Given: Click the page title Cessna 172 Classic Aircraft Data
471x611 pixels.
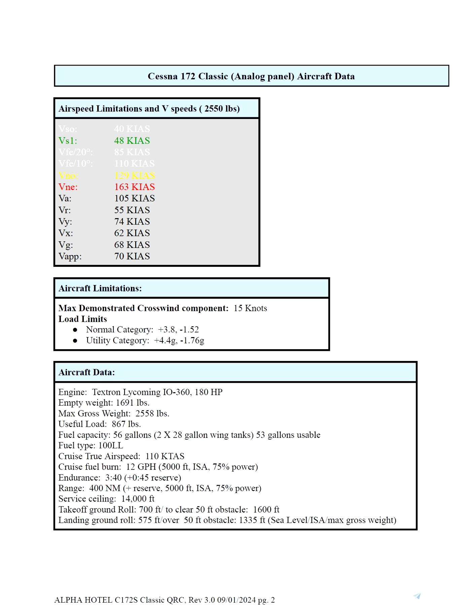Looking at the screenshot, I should pos(251,76).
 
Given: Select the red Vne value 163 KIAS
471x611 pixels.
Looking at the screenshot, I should pos(134,187).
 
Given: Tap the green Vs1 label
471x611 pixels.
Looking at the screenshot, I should pos(68,141).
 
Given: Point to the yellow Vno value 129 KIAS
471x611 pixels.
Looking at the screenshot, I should pos(134,175).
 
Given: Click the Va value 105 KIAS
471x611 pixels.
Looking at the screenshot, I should pos(134,198).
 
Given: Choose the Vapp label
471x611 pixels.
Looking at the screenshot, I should pos(70,256).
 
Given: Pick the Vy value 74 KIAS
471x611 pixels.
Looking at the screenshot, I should pos(132,221).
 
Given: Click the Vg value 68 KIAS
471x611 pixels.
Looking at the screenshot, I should pos(132,245).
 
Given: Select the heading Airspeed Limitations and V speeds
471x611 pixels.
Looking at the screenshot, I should pos(149,109).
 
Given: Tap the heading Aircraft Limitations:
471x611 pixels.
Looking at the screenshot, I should pos(100,288).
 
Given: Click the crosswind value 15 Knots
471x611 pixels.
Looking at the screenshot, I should pos(250,308).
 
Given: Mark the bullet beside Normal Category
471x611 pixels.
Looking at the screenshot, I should pos(75,330).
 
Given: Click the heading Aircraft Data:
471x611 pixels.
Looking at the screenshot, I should pos(86,372).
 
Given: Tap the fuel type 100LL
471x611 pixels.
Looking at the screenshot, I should pos(111,446).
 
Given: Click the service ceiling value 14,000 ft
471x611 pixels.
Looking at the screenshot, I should pos(138,499).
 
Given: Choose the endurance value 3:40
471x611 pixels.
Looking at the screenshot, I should pos(113,478).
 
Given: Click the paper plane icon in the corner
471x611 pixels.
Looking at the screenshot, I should pos(417,596).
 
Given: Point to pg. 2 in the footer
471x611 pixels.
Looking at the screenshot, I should pos(266,600).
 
